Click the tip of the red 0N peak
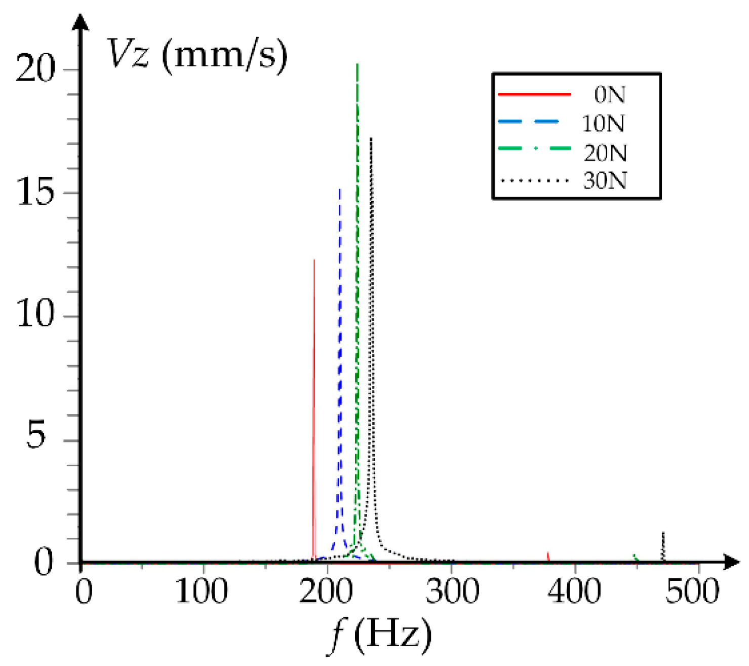pos(314,261)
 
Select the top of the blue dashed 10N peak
pos(340,190)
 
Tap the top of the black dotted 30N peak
pos(371,138)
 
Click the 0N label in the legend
pos(609,95)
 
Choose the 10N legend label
pos(603,123)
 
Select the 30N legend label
pos(605,180)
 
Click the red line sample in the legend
pos(534,94)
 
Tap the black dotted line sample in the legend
pos(534,180)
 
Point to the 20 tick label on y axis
pos(34,69)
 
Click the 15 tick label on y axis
pos(34,193)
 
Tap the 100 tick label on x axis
pos(202,591)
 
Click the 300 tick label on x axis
pos(452,591)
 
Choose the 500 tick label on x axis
pos(692,591)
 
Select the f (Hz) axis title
pos(380,635)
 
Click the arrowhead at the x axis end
pos(732,562)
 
